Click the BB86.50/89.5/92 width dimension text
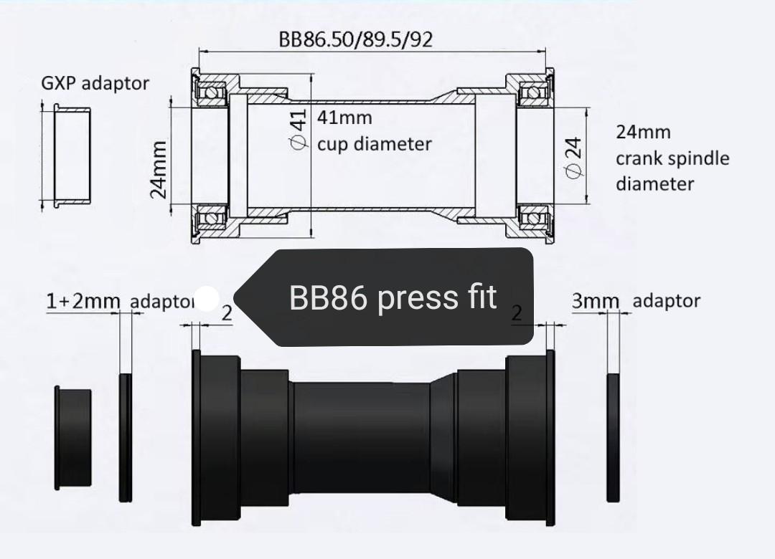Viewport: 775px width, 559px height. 356,39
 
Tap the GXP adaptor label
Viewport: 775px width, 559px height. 95,83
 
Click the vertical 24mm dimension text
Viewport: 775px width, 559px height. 159,168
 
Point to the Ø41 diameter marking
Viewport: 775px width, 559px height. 298,129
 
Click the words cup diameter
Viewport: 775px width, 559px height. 375,144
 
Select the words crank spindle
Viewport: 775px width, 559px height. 672,158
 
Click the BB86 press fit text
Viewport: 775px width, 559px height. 393,297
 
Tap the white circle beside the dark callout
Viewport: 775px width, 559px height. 207,299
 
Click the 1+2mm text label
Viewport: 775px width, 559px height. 83,302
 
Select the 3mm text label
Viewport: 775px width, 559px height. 594,302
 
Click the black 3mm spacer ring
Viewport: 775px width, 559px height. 613,437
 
